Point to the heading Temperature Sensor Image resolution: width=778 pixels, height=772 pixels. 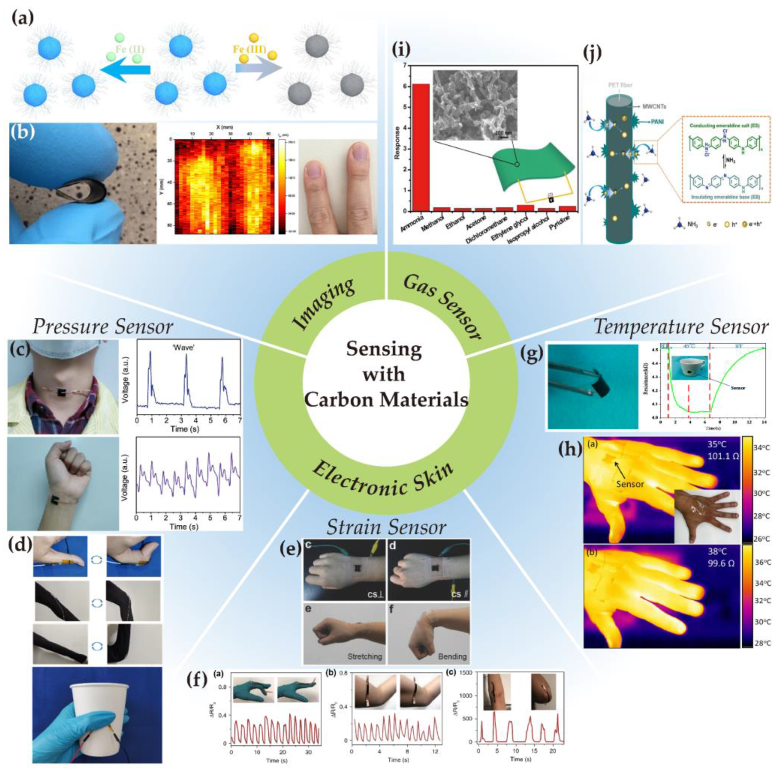click(681, 327)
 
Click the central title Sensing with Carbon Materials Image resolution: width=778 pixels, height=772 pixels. click(385, 374)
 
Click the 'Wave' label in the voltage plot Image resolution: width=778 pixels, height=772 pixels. click(186, 347)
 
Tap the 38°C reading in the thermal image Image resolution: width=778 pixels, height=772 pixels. click(719, 552)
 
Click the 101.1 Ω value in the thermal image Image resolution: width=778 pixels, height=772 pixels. click(723, 456)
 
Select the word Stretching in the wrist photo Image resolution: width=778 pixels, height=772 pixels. click(364, 656)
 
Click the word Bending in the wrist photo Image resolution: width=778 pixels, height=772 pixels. click(452, 656)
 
